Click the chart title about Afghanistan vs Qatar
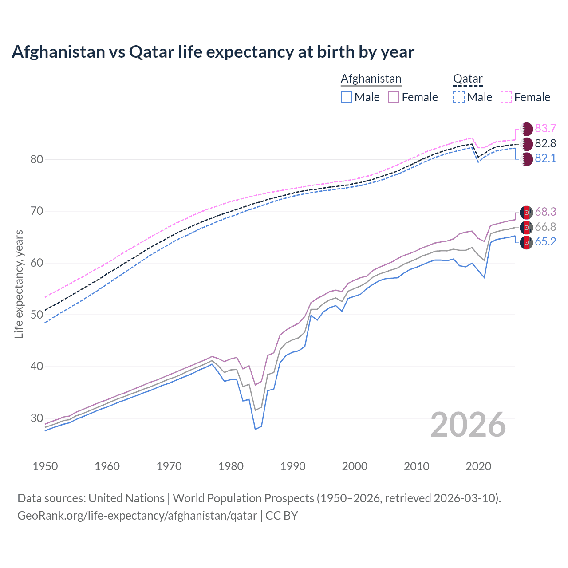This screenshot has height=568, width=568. pos(213,52)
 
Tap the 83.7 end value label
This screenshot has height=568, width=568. pos(545,129)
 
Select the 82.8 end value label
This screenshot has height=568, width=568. pos(545,143)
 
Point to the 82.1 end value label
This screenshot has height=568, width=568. pos(545,158)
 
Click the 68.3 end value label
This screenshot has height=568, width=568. pos(545,212)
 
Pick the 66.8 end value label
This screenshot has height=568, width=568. pos(545,227)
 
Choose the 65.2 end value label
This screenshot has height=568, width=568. pos(545,242)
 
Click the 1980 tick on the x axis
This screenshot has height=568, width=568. pos(231,466)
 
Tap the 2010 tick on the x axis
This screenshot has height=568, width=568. pos(417,466)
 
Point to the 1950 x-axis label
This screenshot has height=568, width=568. pos(46,466)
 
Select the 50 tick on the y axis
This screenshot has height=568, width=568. pos(37,315)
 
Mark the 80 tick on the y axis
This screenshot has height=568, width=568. pos(37,159)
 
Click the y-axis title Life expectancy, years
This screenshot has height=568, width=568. pos(19,284)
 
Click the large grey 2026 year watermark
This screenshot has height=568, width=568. pos(468,425)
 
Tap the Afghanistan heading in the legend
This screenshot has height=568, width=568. pos(371,79)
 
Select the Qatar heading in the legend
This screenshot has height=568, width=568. pos(468,79)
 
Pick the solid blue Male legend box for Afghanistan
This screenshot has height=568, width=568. pos(347,97)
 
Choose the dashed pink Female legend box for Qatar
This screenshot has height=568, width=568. pos(506,97)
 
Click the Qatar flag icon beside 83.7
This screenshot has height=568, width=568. pos(526,129)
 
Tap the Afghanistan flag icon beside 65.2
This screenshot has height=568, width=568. pos(526,242)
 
